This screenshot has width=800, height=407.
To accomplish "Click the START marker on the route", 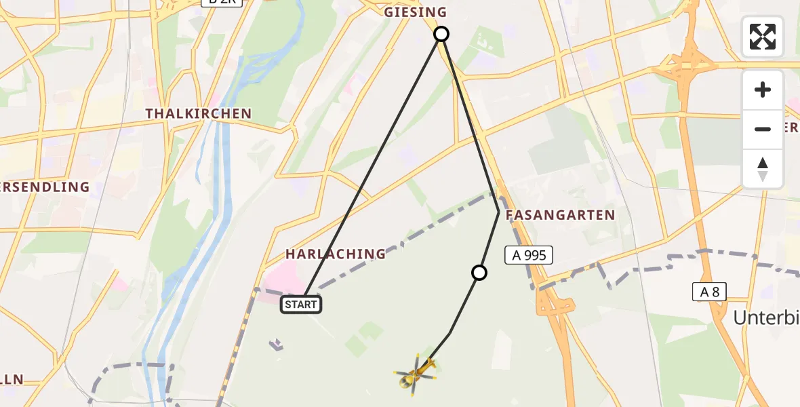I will (x=301, y=305).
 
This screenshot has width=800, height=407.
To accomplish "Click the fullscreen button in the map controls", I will (x=763, y=37).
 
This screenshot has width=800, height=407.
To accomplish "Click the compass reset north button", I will (x=763, y=169).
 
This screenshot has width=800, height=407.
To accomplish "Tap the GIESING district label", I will (x=416, y=12).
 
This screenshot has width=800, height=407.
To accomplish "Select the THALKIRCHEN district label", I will (x=198, y=114).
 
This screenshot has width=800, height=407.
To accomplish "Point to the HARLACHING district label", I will (x=335, y=254).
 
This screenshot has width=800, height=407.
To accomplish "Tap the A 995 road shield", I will (x=529, y=256).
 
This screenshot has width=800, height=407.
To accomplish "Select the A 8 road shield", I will (x=710, y=292).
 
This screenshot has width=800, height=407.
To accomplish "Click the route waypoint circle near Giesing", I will (x=441, y=34).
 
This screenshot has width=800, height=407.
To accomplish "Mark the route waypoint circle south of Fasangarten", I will (x=479, y=273).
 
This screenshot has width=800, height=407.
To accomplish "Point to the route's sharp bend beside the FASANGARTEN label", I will (x=499, y=212).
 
